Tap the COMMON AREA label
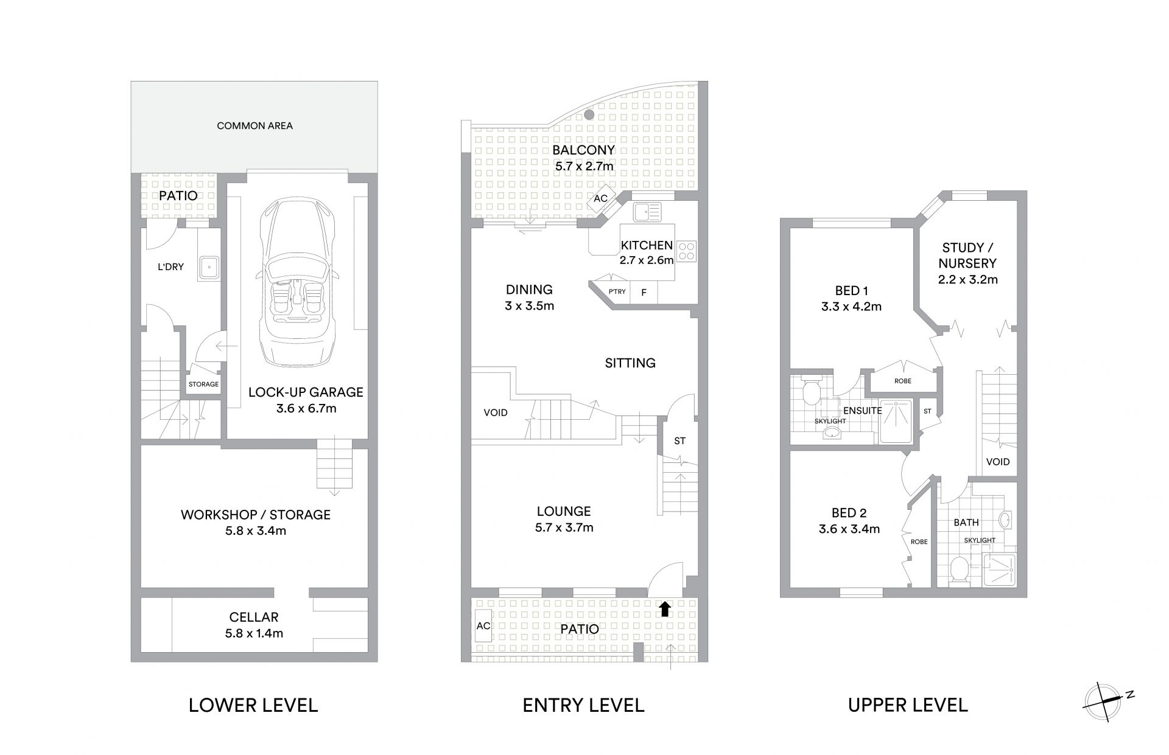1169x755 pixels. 255,126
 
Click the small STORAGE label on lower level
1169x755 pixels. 203,384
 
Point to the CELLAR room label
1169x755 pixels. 254,618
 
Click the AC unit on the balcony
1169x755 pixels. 600,199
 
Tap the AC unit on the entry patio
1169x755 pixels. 483,626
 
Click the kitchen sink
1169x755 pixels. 647,212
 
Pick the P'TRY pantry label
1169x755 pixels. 617,292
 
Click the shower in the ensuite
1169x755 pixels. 895,421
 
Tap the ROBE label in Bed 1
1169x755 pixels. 903,381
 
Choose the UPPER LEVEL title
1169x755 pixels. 908,705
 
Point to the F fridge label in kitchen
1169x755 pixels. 644,293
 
